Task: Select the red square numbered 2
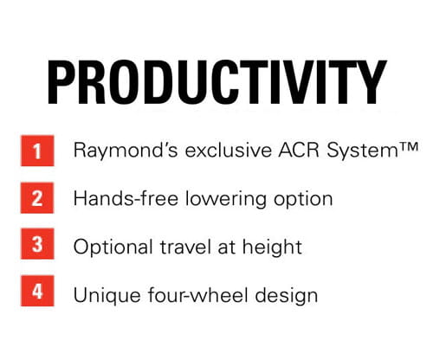click(36, 198)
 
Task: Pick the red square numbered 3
click(36, 246)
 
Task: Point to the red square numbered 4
click(36, 292)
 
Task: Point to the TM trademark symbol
click(384, 149)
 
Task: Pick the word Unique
click(102, 294)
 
